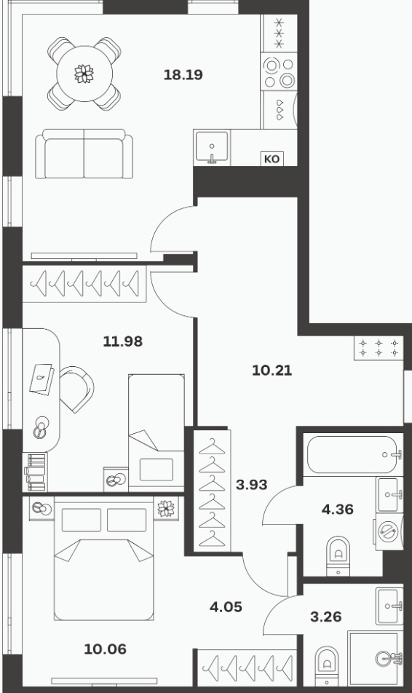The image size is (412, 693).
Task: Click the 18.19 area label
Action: point(183,75)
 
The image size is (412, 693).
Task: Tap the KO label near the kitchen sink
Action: point(272,159)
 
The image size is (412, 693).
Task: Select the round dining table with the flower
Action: point(84,74)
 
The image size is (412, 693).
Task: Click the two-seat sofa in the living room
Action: point(84,154)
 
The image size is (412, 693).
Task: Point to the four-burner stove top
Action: point(279,73)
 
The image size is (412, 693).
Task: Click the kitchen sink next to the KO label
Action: point(213,147)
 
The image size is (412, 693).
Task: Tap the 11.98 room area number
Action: point(123,341)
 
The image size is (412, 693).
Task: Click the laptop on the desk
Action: point(42,379)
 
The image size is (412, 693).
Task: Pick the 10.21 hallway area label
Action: point(272,371)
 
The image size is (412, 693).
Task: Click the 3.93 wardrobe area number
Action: point(252,485)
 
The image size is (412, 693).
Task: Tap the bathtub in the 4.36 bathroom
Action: point(353,455)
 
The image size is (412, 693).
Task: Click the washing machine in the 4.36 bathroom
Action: point(389,531)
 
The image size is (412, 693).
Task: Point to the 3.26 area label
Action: point(326,617)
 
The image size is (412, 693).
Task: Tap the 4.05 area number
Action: point(226,607)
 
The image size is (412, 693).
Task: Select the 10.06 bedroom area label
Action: point(106,649)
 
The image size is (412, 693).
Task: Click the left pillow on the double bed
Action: point(82,520)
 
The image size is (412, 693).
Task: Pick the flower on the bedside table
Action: point(166,508)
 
